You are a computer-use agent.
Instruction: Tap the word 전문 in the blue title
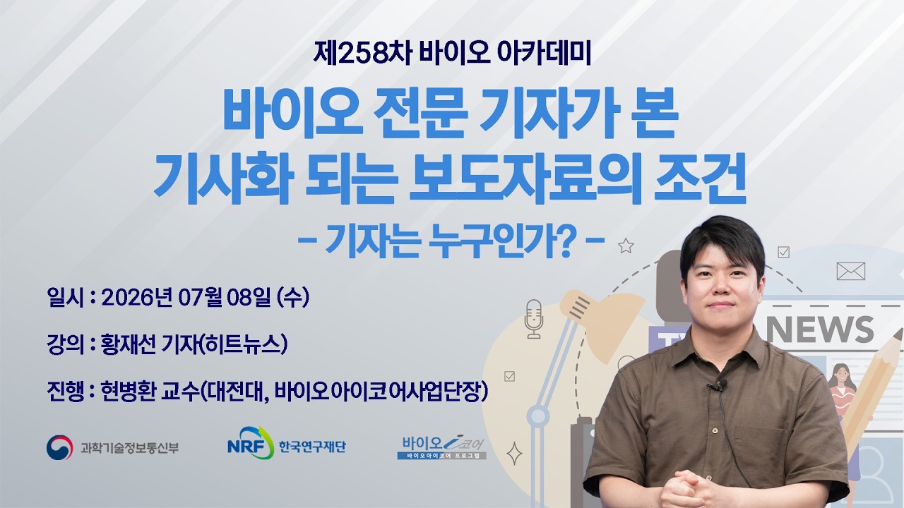(420, 114)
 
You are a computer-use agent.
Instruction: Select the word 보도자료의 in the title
(525, 179)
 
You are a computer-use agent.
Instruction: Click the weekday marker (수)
(293, 298)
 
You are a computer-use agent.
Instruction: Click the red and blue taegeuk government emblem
(60, 447)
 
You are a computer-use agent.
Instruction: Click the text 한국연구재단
(312, 447)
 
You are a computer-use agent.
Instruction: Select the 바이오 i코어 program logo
(442, 447)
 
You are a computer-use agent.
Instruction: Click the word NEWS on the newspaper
(820, 329)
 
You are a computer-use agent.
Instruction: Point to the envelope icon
(851, 271)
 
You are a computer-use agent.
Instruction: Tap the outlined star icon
(626, 246)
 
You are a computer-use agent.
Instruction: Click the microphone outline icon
(533, 318)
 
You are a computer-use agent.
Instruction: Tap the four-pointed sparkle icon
(514, 454)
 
